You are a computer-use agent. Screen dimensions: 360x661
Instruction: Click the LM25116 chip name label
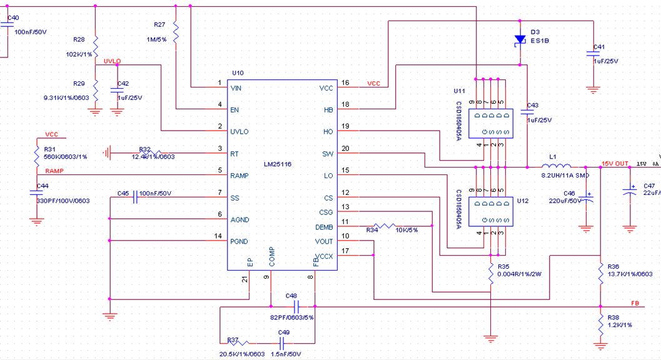tap(277, 164)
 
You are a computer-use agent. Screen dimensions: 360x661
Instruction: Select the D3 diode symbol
tap(519, 40)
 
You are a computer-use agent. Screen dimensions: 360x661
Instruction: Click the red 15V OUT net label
tap(615, 164)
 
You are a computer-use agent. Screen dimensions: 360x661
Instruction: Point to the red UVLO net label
tap(112, 61)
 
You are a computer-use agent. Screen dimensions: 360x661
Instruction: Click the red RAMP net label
tap(54, 171)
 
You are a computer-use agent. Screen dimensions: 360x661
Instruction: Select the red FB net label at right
tap(635, 303)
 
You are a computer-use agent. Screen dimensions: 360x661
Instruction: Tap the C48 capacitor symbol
tap(297, 307)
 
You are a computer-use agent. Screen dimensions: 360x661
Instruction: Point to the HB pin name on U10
tap(328, 110)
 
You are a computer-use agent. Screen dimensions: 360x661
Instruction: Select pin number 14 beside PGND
tap(218, 236)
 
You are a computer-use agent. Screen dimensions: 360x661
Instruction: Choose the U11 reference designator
tap(460, 91)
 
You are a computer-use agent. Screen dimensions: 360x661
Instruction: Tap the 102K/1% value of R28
tap(79, 54)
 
